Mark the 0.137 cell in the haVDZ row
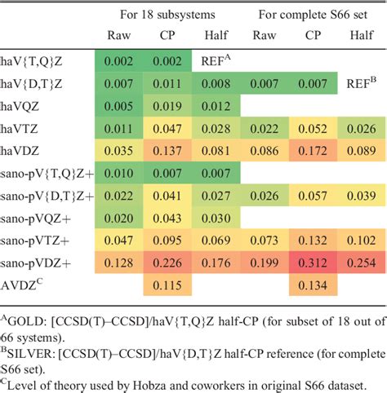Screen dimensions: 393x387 pyautogui.click(x=168, y=151)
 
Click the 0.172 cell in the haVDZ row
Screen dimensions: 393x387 pyautogui.click(x=311, y=151)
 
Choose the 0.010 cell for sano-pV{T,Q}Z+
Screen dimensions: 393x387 pyautogui.click(x=120, y=174)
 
